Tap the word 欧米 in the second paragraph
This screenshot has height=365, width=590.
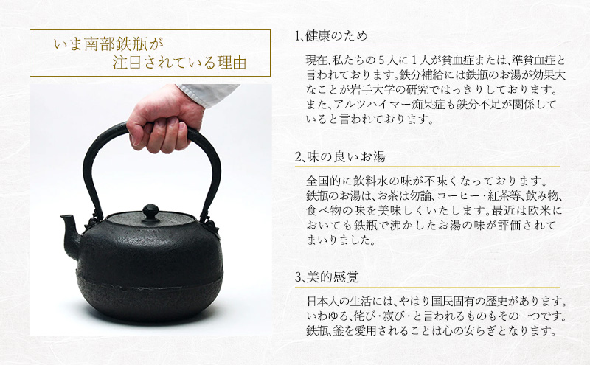pyautogui.click(x=535, y=210)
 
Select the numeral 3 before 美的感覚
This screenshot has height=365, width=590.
pyautogui.click(x=298, y=278)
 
